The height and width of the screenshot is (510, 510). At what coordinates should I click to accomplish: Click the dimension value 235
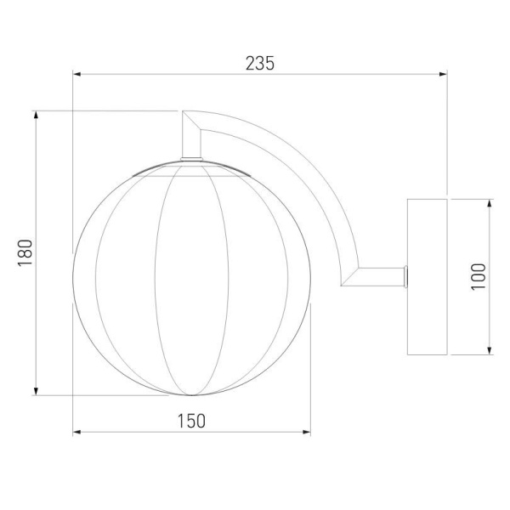(260, 64)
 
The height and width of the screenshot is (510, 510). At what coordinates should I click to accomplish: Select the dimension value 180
(25, 253)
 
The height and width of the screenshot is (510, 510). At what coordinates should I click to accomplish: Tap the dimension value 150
(191, 421)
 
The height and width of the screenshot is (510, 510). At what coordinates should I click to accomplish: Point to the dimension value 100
(479, 277)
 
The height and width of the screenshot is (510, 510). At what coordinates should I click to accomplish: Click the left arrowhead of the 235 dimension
(76, 74)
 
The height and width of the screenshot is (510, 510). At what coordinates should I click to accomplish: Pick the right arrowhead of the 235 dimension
(443, 74)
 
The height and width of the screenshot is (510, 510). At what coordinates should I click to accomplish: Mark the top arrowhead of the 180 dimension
(36, 115)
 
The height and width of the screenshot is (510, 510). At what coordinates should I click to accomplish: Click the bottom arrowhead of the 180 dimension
(36, 391)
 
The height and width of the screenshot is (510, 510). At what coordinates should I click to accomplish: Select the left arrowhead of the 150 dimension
(76, 432)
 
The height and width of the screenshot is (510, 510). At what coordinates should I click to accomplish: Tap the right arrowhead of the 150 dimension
(307, 432)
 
